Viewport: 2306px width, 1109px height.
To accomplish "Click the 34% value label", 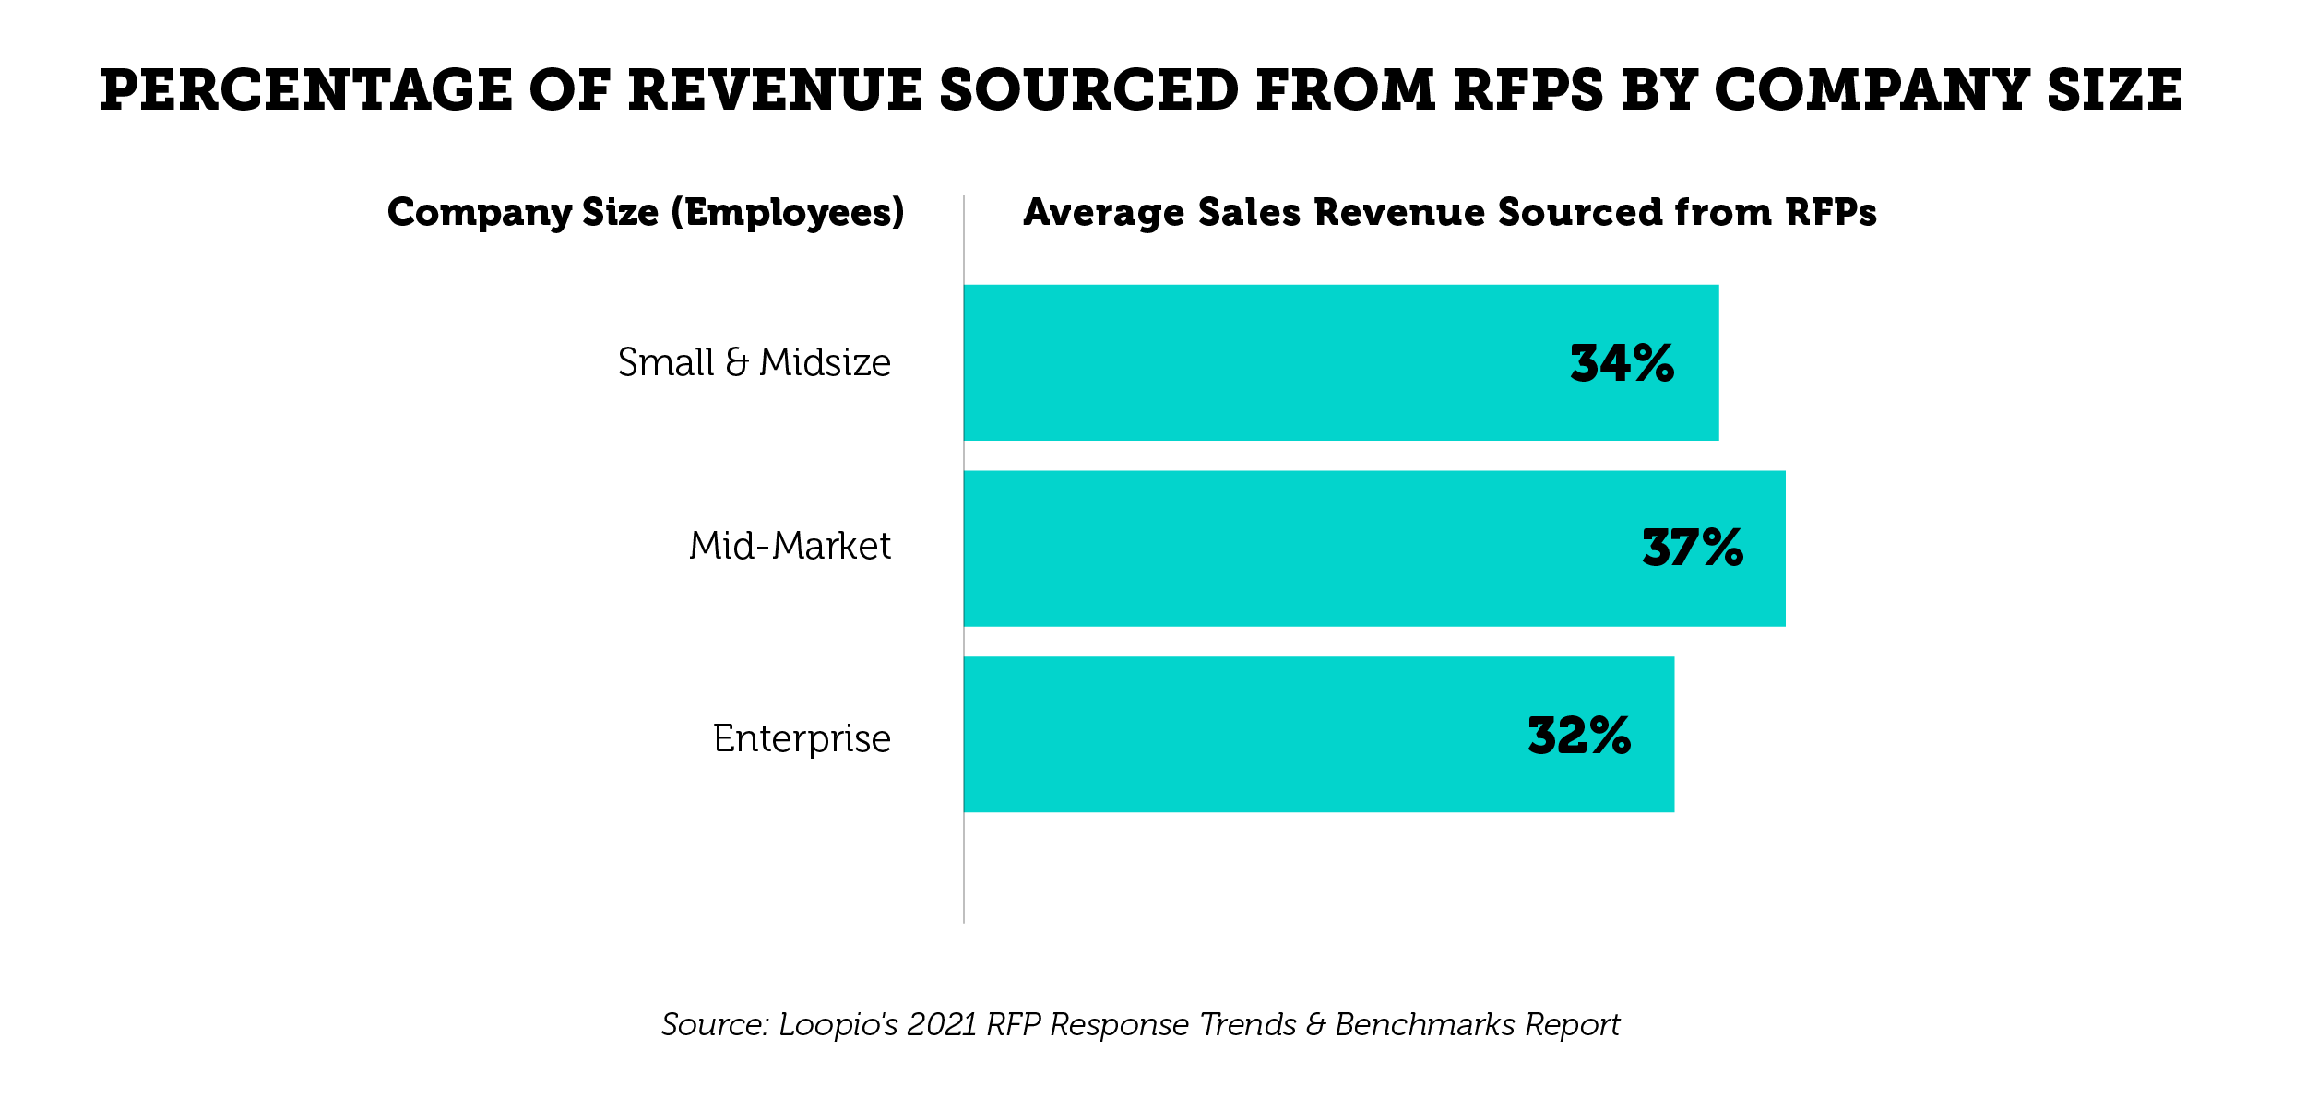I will click(x=1622, y=363).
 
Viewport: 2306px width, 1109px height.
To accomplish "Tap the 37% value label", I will click(x=1693, y=549).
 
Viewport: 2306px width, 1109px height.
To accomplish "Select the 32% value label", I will click(x=1579, y=736).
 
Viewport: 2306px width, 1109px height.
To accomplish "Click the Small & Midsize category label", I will click(x=754, y=362).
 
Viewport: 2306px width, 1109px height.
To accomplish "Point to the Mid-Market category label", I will click(x=790, y=546).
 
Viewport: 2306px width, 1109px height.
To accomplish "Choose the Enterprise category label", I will click(x=802, y=738).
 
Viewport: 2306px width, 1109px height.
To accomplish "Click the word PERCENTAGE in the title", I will click(x=305, y=90).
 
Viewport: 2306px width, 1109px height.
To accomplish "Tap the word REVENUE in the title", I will click(x=776, y=90).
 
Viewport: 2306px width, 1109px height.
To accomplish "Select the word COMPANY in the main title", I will click(x=1872, y=90).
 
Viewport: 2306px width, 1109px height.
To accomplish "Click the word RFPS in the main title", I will click(x=1528, y=90).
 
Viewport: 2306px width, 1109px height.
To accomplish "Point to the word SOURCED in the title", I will click(x=1088, y=90).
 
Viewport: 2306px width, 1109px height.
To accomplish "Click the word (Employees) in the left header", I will click(x=788, y=213).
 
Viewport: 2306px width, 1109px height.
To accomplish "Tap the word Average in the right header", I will click(x=1103, y=213).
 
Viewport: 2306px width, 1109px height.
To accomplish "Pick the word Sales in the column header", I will click(x=1249, y=213).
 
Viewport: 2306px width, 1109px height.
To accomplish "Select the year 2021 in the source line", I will click(x=942, y=1025).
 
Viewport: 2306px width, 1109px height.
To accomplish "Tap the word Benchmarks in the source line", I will click(x=1425, y=1025).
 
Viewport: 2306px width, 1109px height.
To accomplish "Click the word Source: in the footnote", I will click(x=715, y=1025).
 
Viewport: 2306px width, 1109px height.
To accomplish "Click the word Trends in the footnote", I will click(x=1248, y=1025).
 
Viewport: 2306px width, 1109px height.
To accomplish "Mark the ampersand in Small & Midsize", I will click(x=737, y=362).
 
